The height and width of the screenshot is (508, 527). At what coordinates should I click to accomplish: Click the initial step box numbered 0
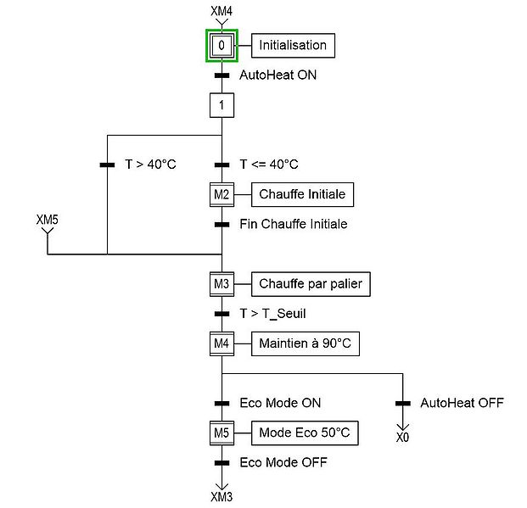coord(221,45)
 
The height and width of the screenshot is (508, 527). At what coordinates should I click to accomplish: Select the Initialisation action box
coord(293,45)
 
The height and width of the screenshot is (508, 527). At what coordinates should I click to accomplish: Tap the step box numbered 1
coord(221,105)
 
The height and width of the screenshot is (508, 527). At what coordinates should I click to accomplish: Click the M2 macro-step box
coord(221,194)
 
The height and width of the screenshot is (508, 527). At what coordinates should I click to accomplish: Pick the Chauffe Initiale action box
coord(302,194)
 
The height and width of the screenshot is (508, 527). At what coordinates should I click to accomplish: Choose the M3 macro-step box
coord(221,284)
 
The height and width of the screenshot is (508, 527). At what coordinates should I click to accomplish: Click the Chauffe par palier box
coord(311,284)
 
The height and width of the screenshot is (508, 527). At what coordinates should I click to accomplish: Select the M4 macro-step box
coord(221,343)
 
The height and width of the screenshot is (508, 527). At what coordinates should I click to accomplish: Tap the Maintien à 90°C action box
coord(305,343)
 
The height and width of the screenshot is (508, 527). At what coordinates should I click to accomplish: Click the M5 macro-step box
coord(221,433)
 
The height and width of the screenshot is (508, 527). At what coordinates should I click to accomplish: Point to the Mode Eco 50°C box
coord(305,433)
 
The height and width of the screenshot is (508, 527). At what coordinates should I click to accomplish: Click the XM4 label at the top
coord(221,10)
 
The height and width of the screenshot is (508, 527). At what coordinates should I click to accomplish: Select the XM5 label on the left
coord(48,219)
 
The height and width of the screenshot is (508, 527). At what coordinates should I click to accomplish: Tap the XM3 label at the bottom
coord(221,495)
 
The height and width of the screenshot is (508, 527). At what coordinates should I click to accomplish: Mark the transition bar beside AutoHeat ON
coord(221,75)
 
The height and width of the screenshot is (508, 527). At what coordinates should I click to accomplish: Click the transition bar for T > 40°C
coord(108,165)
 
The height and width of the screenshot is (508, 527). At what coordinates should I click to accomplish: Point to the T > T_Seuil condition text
coord(272,314)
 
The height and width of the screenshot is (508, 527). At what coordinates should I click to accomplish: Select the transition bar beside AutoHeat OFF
coord(403,403)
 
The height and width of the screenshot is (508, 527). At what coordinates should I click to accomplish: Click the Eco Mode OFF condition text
coord(283,463)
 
